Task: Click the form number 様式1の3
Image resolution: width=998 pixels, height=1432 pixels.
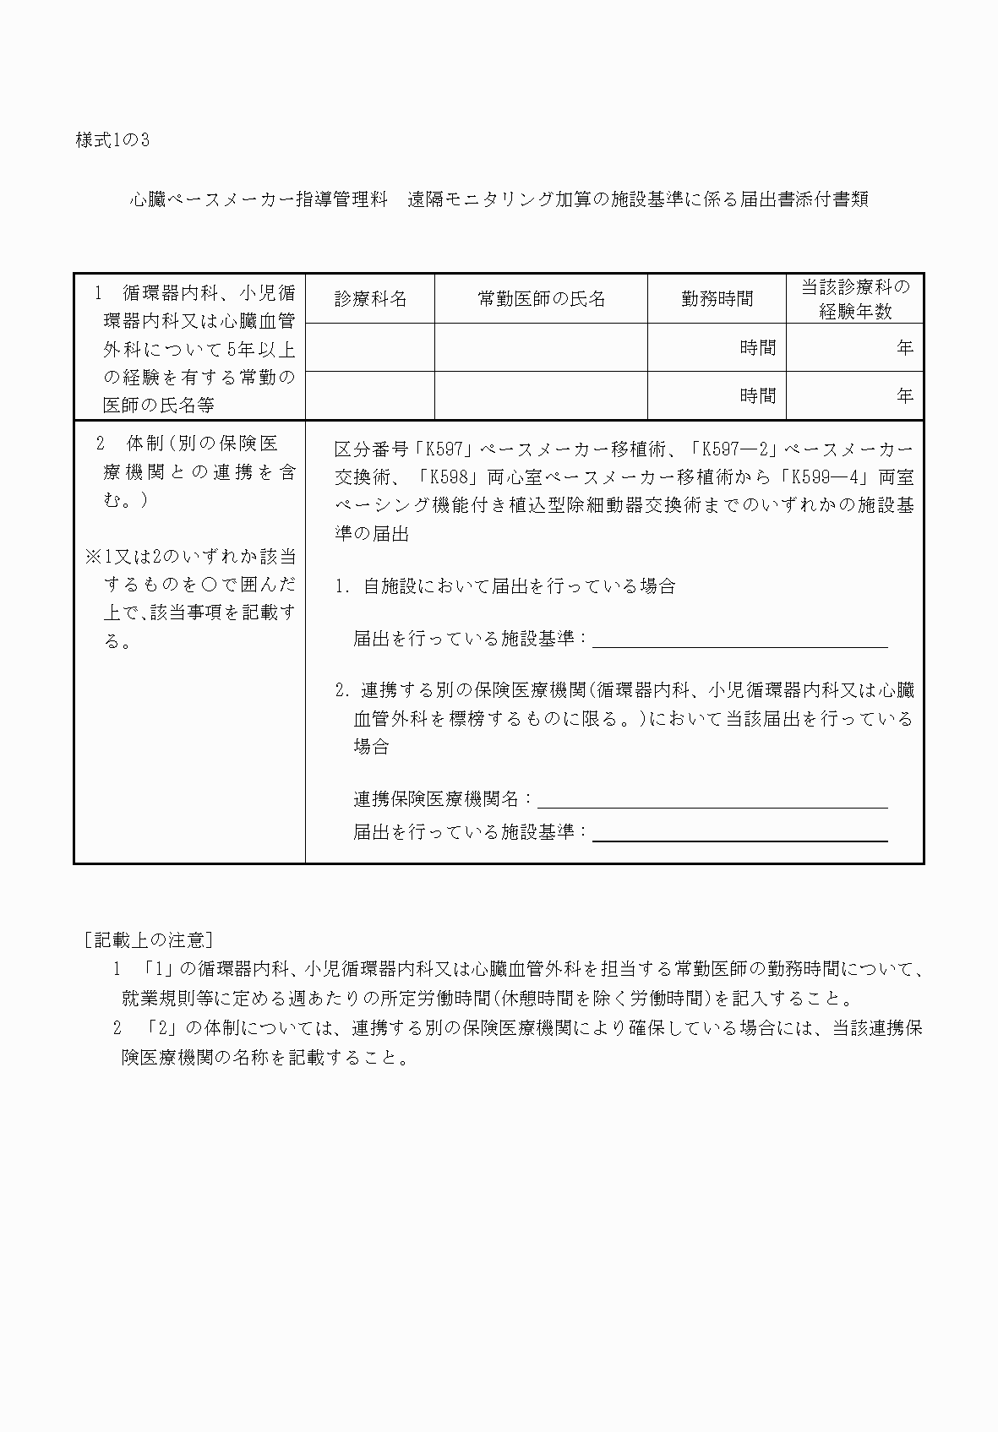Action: [x=112, y=141]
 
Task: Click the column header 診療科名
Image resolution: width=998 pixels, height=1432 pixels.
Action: [x=370, y=299]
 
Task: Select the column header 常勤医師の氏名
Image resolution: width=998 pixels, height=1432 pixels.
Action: [x=541, y=299]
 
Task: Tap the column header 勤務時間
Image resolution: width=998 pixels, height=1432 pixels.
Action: [x=717, y=299]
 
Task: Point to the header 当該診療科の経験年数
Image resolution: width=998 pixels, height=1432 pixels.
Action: [x=855, y=299]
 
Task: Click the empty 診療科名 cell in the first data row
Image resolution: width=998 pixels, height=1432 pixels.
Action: [x=370, y=347]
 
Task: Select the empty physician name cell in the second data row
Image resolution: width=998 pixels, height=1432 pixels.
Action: [x=541, y=395]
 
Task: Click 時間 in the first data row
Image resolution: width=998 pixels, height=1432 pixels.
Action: [x=757, y=348]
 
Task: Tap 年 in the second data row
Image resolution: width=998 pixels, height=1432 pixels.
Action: [x=904, y=396]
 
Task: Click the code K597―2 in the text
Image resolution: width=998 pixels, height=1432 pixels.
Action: [x=739, y=449]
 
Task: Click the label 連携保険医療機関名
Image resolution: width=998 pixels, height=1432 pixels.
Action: [x=443, y=798]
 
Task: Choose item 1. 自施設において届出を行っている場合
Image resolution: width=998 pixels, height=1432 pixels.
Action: [x=505, y=586]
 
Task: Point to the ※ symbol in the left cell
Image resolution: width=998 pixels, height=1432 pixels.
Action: [x=93, y=558]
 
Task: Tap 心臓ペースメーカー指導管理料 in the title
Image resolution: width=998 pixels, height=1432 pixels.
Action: [x=259, y=200]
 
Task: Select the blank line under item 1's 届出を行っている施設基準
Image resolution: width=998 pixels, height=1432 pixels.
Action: [x=739, y=640]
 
